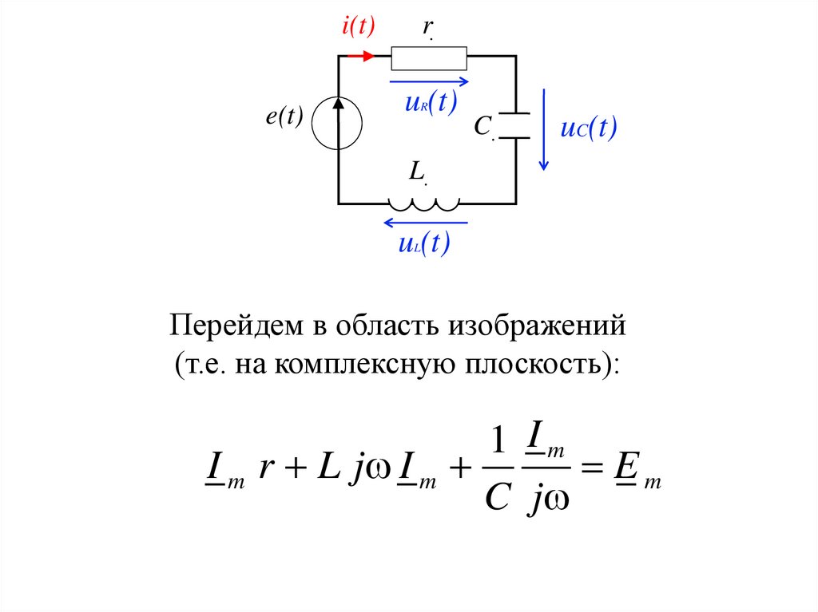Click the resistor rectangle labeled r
coord(429,57)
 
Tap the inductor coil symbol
coord(423,202)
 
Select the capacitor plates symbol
coord(516,125)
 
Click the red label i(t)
coord(358,27)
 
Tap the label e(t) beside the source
coord(285,116)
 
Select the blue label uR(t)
coord(431,104)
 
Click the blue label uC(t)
coord(590,129)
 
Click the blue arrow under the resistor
coord(429,81)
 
